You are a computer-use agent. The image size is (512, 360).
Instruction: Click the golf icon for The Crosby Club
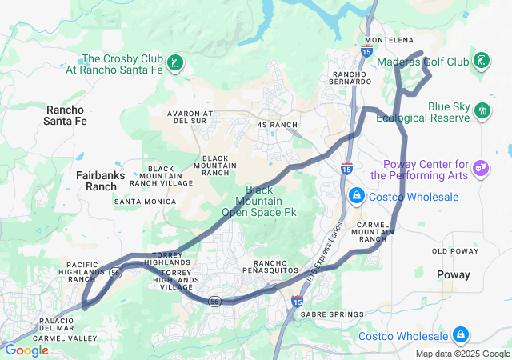click(175, 63)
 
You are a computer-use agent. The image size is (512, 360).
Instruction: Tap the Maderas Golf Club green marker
click(481, 61)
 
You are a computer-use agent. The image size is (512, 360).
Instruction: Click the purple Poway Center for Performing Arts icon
click(480, 167)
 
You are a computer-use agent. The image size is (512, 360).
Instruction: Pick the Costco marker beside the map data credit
click(460, 334)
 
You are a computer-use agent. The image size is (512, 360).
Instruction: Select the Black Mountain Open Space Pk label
click(259, 201)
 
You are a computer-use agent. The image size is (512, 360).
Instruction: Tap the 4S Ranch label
click(278, 125)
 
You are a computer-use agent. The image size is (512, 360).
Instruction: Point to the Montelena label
click(390, 40)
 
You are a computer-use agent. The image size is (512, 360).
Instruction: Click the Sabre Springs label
click(331, 314)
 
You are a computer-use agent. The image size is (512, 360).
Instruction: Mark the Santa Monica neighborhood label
click(145, 202)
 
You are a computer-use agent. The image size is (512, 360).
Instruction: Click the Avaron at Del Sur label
click(190, 118)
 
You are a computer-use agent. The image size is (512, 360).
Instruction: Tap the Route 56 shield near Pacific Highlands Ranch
click(117, 272)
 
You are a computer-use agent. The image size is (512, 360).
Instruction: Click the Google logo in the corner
click(26, 350)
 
